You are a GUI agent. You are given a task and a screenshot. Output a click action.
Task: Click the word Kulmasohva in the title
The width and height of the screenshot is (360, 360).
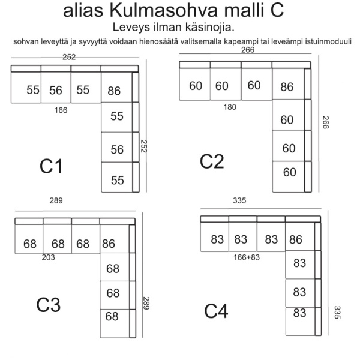pos(163,10)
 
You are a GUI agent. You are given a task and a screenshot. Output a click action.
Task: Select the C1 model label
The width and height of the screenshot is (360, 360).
pos(51,166)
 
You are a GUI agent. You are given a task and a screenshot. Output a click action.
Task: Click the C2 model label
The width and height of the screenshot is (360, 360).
pos(212,161)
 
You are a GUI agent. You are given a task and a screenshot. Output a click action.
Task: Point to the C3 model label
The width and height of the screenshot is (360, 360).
pos(49,305)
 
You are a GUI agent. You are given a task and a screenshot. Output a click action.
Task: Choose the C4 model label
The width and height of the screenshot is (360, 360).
pos(216,311)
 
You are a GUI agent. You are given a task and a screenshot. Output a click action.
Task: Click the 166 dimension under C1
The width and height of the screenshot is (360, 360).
pos(61,110)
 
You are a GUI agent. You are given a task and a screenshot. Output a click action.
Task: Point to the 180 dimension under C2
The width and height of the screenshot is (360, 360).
pos(230,107)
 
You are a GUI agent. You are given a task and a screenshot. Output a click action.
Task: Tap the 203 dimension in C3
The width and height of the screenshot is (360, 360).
pos(48,257)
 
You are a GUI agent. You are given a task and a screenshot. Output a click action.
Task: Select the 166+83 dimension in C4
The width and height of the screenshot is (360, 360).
pos(247,257)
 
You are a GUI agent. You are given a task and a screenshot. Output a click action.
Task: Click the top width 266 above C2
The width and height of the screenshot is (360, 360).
pos(248,50)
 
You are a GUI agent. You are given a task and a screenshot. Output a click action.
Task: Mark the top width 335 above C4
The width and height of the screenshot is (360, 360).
pos(239,200)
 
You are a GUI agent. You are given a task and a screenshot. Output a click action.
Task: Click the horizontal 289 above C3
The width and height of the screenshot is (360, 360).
pos(56,200)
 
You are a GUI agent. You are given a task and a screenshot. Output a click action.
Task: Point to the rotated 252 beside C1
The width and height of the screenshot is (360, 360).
pos(144,146)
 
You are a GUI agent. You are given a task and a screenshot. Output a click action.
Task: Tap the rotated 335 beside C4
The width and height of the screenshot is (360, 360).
pos(337,313)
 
